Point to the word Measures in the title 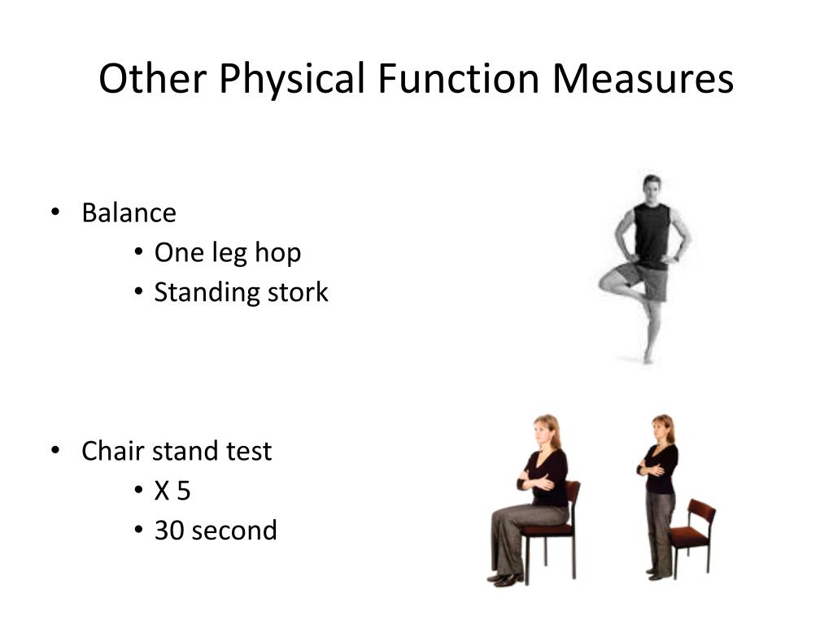(643, 79)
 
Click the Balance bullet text (129, 213)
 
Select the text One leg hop (228, 253)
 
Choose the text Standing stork (242, 292)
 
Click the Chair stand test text (177, 451)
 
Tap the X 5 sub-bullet (172, 491)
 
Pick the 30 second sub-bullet (216, 531)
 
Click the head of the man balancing (652, 186)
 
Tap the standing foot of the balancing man (648, 356)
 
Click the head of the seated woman (546, 431)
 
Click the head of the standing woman (663, 428)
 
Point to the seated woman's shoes (504, 579)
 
